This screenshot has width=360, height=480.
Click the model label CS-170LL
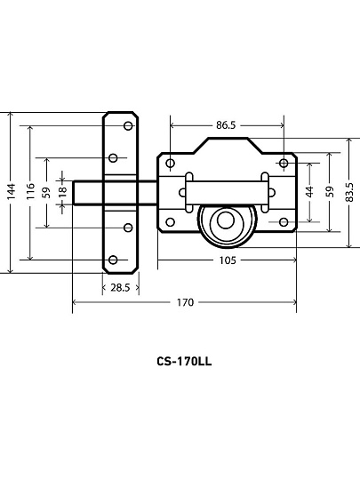[184, 362]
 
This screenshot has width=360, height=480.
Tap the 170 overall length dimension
[185, 302]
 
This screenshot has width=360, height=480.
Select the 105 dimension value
[228, 260]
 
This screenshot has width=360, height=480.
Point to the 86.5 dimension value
[226, 125]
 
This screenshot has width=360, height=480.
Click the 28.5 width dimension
[120, 288]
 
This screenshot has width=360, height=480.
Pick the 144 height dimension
[11, 192]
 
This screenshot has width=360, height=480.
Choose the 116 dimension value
[30, 192]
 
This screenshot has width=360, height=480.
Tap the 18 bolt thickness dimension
[62, 191]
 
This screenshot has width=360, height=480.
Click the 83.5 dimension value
[349, 192]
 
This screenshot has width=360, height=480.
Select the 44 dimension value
[310, 192]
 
